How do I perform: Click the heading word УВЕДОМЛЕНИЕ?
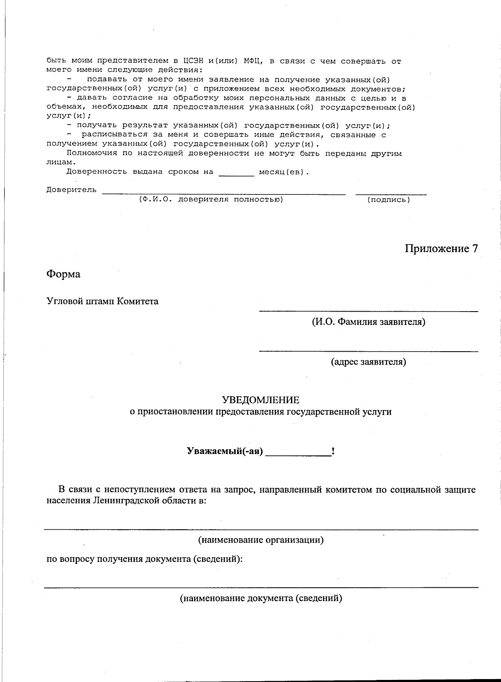pos(261,400)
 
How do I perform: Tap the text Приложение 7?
pos(441,249)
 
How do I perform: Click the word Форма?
pos(63,274)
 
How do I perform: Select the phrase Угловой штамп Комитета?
pos(102,301)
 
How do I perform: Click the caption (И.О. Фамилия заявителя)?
pos(368,322)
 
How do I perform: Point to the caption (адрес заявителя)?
pos(368,362)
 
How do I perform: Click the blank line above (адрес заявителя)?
pos(368,350)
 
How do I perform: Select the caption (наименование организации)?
pos(261,540)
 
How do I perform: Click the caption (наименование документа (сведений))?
pos(261,598)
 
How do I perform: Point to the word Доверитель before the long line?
pos(71,190)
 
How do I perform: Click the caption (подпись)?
pos(388,200)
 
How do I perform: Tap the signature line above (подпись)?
pos(391,194)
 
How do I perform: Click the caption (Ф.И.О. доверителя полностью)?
pos(211,199)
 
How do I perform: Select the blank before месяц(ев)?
pos(236,175)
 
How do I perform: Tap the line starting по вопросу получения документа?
pos(144,559)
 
